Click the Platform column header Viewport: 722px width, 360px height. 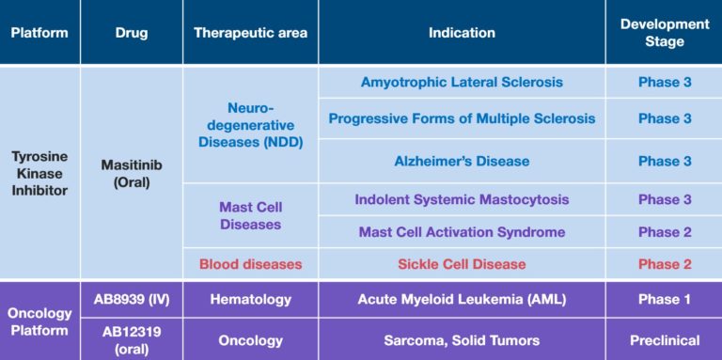tap(39, 33)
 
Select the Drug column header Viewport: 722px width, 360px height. tap(132, 33)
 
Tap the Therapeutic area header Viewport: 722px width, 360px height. tap(250, 33)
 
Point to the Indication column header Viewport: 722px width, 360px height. tap(462, 33)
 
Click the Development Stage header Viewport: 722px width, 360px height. tap(664, 33)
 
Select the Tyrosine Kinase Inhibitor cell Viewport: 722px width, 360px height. tap(39, 172)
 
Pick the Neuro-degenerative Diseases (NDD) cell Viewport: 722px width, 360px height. tap(250, 125)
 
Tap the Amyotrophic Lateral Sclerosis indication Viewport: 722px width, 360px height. tap(462, 82)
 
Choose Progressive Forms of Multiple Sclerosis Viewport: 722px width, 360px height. tap(462, 118)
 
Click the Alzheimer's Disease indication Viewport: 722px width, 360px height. tap(462, 161)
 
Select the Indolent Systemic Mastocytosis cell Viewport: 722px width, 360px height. tap(462, 199)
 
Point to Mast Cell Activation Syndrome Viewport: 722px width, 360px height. tap(462, 232)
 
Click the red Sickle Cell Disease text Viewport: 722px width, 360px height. tap(462, 264)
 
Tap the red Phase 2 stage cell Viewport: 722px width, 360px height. tap(664, 264)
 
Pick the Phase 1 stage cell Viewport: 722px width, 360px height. tap(664, 300)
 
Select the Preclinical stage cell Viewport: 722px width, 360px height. tap(664, 340)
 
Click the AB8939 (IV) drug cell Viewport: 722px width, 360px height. tap(132, 300)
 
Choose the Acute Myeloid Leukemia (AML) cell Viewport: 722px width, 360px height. tap(462, 300)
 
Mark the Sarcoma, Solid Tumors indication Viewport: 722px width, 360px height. tap(462, 340)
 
